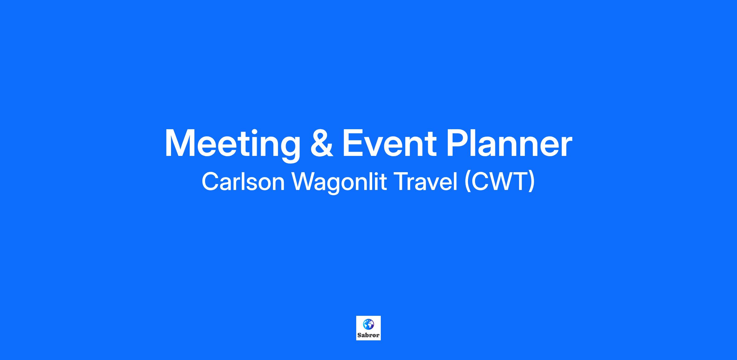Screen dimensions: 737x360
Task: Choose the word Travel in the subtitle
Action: [426, 182]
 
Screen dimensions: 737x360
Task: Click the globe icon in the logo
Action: [368, 324]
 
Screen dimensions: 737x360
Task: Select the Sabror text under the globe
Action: [368, 335]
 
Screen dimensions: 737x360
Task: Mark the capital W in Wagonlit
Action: [304, 182]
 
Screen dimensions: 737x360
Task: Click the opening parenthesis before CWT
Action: [467, 183]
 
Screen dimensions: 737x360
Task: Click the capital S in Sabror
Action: [360, 335]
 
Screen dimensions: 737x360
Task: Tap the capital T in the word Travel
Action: [400, 182]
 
